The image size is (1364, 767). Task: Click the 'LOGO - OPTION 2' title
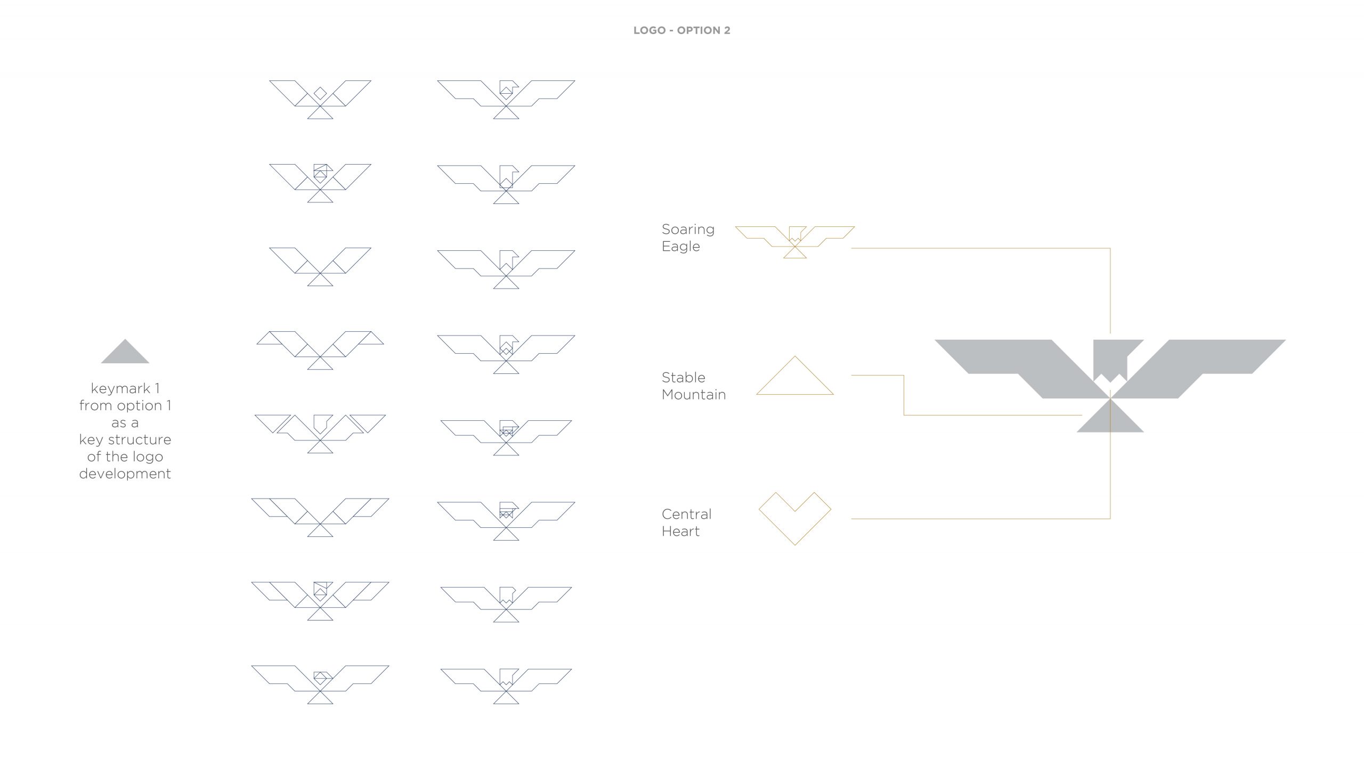coord(681,30)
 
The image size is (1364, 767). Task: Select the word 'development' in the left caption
coord(125,474)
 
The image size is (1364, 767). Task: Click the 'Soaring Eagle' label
coord(688,238)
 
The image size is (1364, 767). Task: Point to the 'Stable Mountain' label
coord(693,386)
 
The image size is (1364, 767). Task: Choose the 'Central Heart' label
coord(686,523)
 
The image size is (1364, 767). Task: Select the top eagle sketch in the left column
coord(320,99)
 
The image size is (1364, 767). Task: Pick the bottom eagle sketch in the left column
coord(320,684)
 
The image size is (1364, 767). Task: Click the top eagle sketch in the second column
coord(506,99)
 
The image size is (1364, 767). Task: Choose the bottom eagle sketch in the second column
coord(506,685)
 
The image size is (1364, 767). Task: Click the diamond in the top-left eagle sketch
coord(320,93)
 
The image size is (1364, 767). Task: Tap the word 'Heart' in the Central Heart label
coord(680,532)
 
